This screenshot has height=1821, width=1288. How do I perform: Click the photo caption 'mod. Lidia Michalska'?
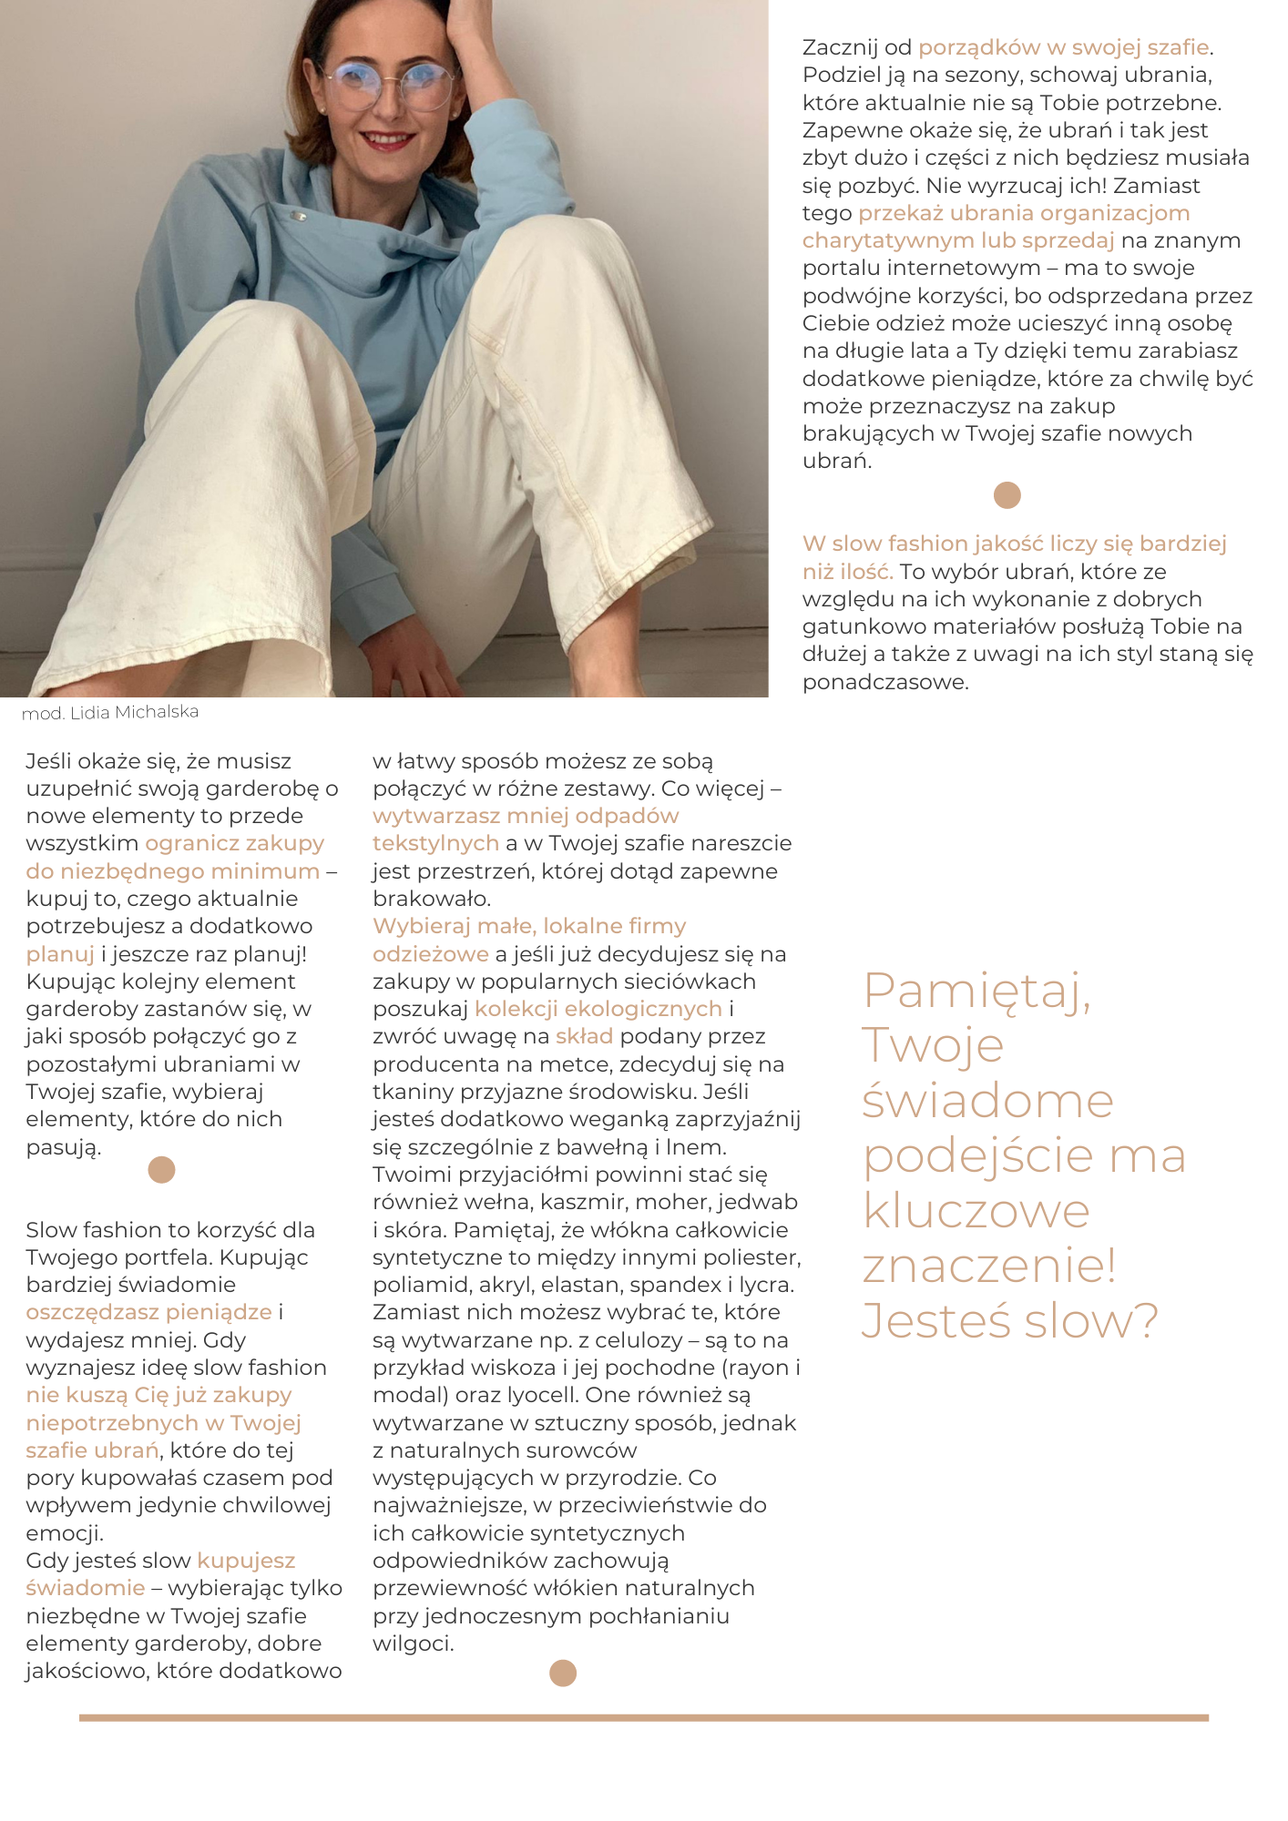click(110, 712)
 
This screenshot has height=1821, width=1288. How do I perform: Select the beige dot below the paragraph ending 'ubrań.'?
click(1007, 495)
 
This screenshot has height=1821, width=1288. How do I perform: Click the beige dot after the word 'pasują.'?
click(161, 1170)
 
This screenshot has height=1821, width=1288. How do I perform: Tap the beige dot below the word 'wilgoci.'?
click(563, 1673)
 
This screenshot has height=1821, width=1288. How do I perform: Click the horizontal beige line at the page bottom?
click(643, 1718)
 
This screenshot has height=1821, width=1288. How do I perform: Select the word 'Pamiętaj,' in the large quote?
click(976, 992)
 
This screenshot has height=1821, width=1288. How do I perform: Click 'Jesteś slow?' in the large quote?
click(1009, 1321)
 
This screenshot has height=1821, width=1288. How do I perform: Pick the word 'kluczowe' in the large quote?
click(976, 1212)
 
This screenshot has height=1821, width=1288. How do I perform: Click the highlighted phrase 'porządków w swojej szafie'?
click(1063, 47)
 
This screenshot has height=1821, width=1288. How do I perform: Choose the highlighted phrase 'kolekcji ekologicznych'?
click(598, 1009)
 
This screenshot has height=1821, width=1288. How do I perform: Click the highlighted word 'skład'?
click(584, 1036)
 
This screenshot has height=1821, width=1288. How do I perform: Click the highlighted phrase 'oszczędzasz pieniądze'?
click(148, 1312)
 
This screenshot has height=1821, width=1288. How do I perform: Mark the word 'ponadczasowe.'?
click(885, 682)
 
